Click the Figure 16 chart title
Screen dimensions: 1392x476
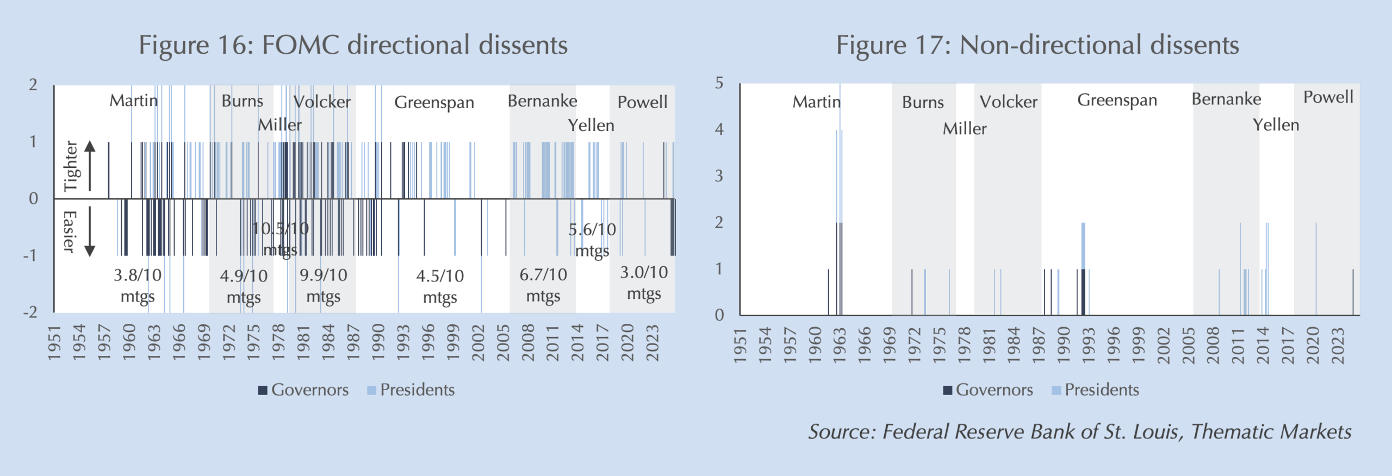tap(353, 45)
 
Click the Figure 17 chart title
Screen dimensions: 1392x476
tap(1037, 45)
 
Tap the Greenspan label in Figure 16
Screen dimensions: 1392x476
tap(434, 102)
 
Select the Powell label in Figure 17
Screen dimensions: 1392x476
tap(1328, 97)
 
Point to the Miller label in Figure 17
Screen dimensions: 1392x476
tap(964, 129)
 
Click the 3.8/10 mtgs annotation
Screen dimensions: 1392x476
tap(138, 285)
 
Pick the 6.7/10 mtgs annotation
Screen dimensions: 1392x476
tap(543, 285)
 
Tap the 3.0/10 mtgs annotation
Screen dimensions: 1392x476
tap(644, 283)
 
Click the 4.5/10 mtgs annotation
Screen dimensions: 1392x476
tap(440, 286)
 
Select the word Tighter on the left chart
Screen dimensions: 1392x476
tap(71, 166)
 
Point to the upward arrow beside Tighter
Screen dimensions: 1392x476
tap(90, 165)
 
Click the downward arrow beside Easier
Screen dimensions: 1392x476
tap(90, 232)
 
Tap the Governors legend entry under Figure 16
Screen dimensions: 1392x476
tap(303, 390)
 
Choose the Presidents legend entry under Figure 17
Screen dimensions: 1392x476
tap(1095, 390)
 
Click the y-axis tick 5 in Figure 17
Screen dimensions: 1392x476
tap(719, 83)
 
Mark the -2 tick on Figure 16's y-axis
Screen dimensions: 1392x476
tap(30, 312)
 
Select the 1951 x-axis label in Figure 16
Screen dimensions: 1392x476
tap(54, 343)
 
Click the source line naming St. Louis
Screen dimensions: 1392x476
tap(1080, 431)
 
